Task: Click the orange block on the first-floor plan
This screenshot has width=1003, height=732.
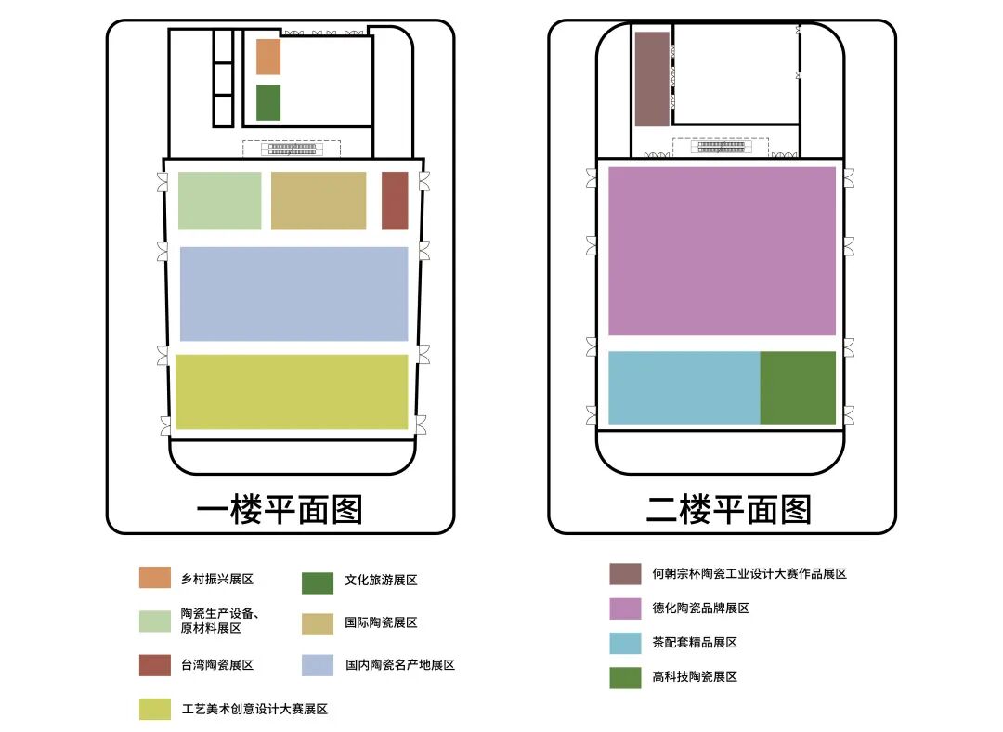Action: click(267, 57)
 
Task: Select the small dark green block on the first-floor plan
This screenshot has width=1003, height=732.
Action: click(267, 102)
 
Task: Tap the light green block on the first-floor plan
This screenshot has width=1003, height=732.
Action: click(219, 201)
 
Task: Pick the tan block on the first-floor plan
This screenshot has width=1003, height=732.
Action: click(319, 201)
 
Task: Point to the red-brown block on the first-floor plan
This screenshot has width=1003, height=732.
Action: click(395, 201)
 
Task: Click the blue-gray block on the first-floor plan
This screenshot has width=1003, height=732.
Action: click(293, 294)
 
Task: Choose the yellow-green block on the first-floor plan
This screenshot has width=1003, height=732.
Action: click(292, 392)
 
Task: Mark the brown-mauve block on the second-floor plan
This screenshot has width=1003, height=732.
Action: click(651, 79)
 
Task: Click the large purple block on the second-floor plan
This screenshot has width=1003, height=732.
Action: click(722, 251)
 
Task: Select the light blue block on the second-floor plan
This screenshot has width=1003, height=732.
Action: click(684, 387)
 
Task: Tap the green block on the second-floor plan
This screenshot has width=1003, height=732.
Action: click(798, 387)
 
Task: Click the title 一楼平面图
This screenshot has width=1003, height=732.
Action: click(280, 510)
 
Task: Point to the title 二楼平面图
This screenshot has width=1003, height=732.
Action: click(729, 510)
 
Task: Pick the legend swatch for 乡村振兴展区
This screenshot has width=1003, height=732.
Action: click(155, 578)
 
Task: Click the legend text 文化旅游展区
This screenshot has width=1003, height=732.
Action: click(381, 580)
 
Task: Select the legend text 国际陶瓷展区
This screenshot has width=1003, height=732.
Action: click(381, 622)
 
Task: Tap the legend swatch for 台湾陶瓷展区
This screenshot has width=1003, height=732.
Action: click(155, 665)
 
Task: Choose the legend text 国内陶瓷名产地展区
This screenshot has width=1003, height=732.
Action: click(399, 665)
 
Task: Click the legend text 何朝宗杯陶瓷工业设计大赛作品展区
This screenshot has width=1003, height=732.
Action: click(749, 574)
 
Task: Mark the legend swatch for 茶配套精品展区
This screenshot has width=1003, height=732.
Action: click(625, 643)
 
